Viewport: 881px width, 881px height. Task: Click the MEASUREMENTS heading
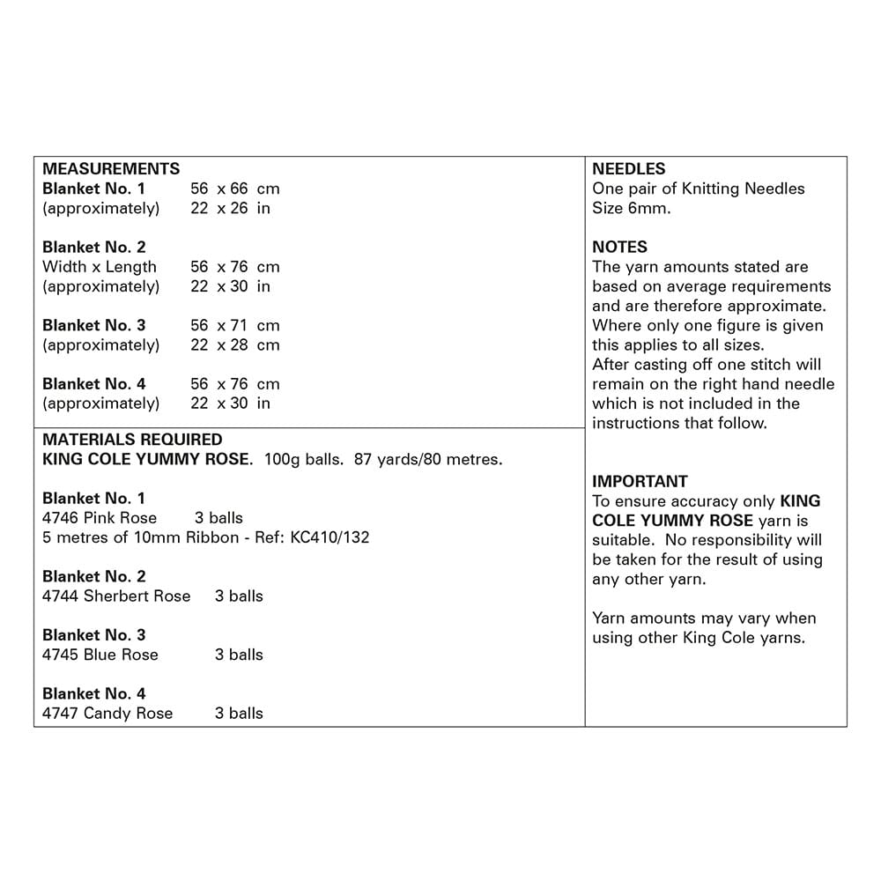[111, 168]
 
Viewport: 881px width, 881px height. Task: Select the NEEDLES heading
[629, 168]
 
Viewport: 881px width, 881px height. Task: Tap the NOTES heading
[619, 247]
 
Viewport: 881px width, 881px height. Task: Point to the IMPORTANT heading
[640, 481]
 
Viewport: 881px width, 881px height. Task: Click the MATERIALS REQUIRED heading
[132, 439]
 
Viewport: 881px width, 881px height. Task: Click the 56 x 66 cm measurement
[234, 189]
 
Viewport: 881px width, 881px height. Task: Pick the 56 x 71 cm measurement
[234, 325]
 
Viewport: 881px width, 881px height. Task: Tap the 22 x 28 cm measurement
[234, 344]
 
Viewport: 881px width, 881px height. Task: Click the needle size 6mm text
[631, 208]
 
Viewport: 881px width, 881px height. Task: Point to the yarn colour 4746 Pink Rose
[100, 517]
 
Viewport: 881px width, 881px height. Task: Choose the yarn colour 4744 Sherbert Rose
[116, 596]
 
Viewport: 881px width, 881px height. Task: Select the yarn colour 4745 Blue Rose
[100, 655]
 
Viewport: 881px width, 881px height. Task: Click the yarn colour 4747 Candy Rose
[107, 713]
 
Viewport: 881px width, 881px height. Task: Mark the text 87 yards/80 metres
[428, 459]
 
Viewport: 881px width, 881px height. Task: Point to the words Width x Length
[100, 266]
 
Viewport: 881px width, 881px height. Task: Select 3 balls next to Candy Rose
[239, 713]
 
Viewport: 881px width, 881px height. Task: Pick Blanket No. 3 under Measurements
[94, 325]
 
